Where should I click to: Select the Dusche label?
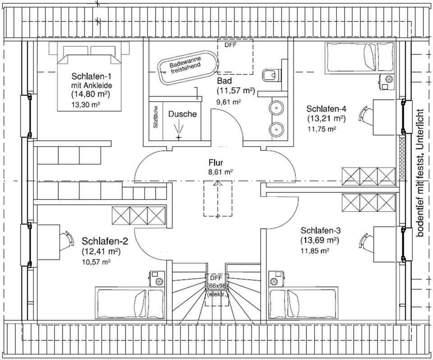[x=183, y=114]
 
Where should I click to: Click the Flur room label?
[x=216, y=162]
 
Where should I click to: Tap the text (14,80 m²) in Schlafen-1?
[x=91, y=94]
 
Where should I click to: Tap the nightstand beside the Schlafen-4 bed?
[x=386, y=81]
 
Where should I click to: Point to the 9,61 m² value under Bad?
[x=229, y=102]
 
